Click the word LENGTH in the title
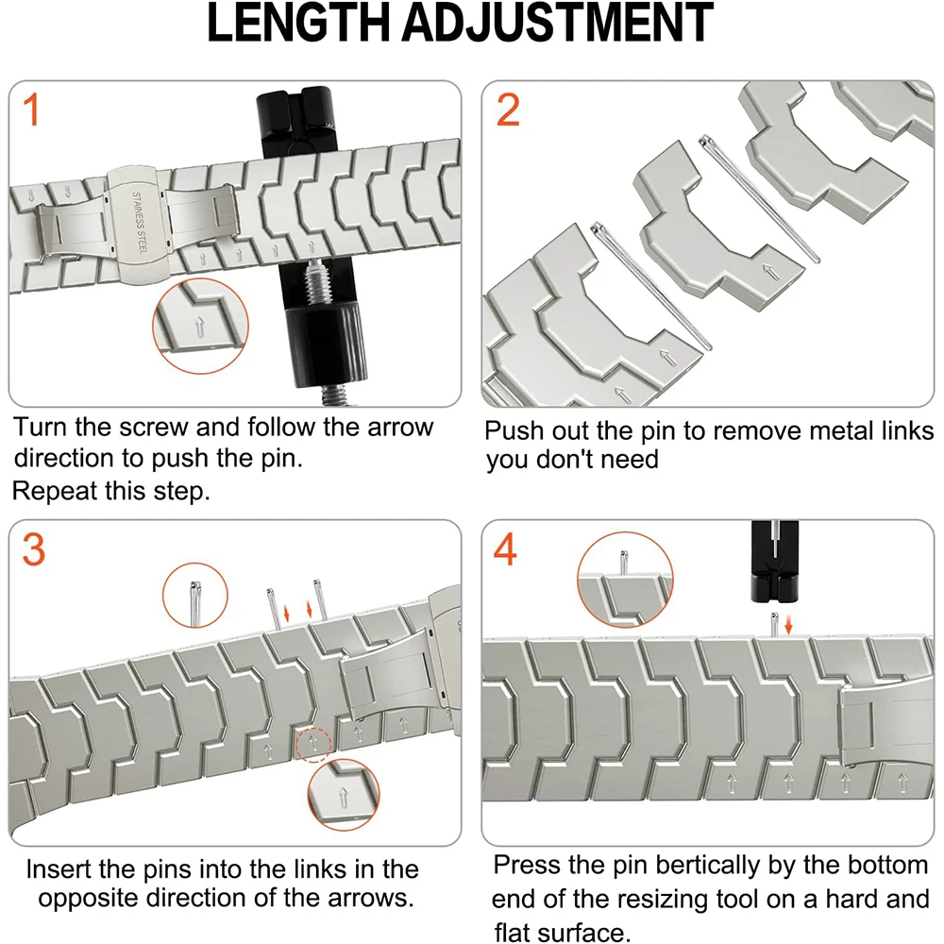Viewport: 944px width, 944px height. point(298,23)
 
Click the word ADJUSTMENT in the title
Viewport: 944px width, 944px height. point(558,23)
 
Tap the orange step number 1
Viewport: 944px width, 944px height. point(31,110)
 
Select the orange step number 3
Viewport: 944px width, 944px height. point(34,549)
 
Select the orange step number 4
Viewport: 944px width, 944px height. point(504,549)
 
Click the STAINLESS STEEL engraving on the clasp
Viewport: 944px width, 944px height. point(139,223)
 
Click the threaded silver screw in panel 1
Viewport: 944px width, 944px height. point(318,283)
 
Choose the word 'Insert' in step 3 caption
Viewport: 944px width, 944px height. point(59,869)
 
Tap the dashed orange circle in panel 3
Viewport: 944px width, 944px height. point(313,744)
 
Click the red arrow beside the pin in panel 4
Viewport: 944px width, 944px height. point(788,626)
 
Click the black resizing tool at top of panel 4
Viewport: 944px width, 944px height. point(775,561)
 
